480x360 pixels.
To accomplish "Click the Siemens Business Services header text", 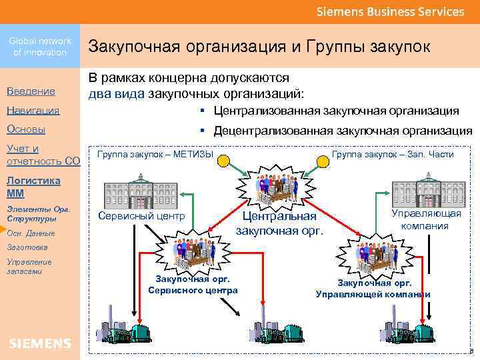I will click(x=390, y=11).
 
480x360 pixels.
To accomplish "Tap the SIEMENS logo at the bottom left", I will click(x=40, y=343).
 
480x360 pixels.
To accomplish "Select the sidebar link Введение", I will click(x=31, y=91).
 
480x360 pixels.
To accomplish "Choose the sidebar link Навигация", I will click(x=33, y=110).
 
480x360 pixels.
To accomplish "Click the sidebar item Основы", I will click(x=25, y=129).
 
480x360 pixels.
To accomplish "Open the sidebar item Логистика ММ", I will click(x=33, y=187).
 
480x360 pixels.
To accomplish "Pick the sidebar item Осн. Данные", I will click(x=31, y=233).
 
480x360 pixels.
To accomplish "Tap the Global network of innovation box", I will click(x=40, y=46).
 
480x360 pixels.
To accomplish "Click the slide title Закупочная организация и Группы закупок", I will click(x=259, y=46).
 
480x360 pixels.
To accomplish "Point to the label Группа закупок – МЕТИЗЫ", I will click(x=155, y=155).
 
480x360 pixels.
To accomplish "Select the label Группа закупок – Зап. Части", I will click(x=393, y=155).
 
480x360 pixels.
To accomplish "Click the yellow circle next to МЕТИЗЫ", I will click(x=225, y=159).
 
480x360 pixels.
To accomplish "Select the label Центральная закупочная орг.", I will click(x=280, y=223).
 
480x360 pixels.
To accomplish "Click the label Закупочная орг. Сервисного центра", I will click(x=193, y=285).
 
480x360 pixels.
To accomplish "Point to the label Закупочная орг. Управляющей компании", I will click(x=373, y=289).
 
